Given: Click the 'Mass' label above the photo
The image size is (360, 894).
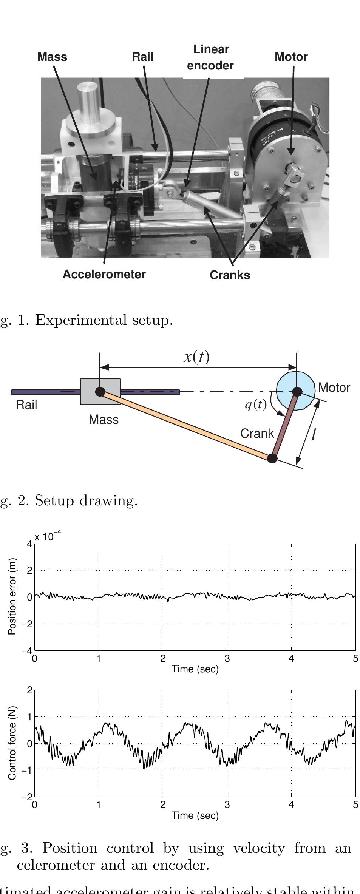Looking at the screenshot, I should point(52,57).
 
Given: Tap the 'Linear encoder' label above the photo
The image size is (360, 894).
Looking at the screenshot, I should point(210,57).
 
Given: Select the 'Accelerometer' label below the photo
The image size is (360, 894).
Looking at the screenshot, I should point(104,274).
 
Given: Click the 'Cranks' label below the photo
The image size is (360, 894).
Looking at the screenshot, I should point(230,275).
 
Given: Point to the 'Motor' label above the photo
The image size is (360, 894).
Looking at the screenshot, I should point(291,57).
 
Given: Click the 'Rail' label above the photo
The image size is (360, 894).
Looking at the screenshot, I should point(142,57).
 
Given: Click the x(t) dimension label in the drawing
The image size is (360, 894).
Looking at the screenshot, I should point(196,357).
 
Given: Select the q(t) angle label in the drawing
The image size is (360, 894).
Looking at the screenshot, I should point(256,405).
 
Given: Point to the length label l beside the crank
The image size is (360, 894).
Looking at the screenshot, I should point(314,435).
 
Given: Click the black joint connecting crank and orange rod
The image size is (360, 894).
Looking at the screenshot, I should point(272,458).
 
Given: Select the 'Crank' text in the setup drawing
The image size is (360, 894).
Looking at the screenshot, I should point(257,433).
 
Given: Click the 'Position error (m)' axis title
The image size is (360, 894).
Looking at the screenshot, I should point(12,596).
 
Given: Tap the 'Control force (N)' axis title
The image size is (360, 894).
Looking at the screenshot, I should point(12,743).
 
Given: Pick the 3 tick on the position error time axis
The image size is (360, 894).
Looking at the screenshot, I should point(227,659).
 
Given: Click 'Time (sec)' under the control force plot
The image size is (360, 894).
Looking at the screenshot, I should point(195,815).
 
